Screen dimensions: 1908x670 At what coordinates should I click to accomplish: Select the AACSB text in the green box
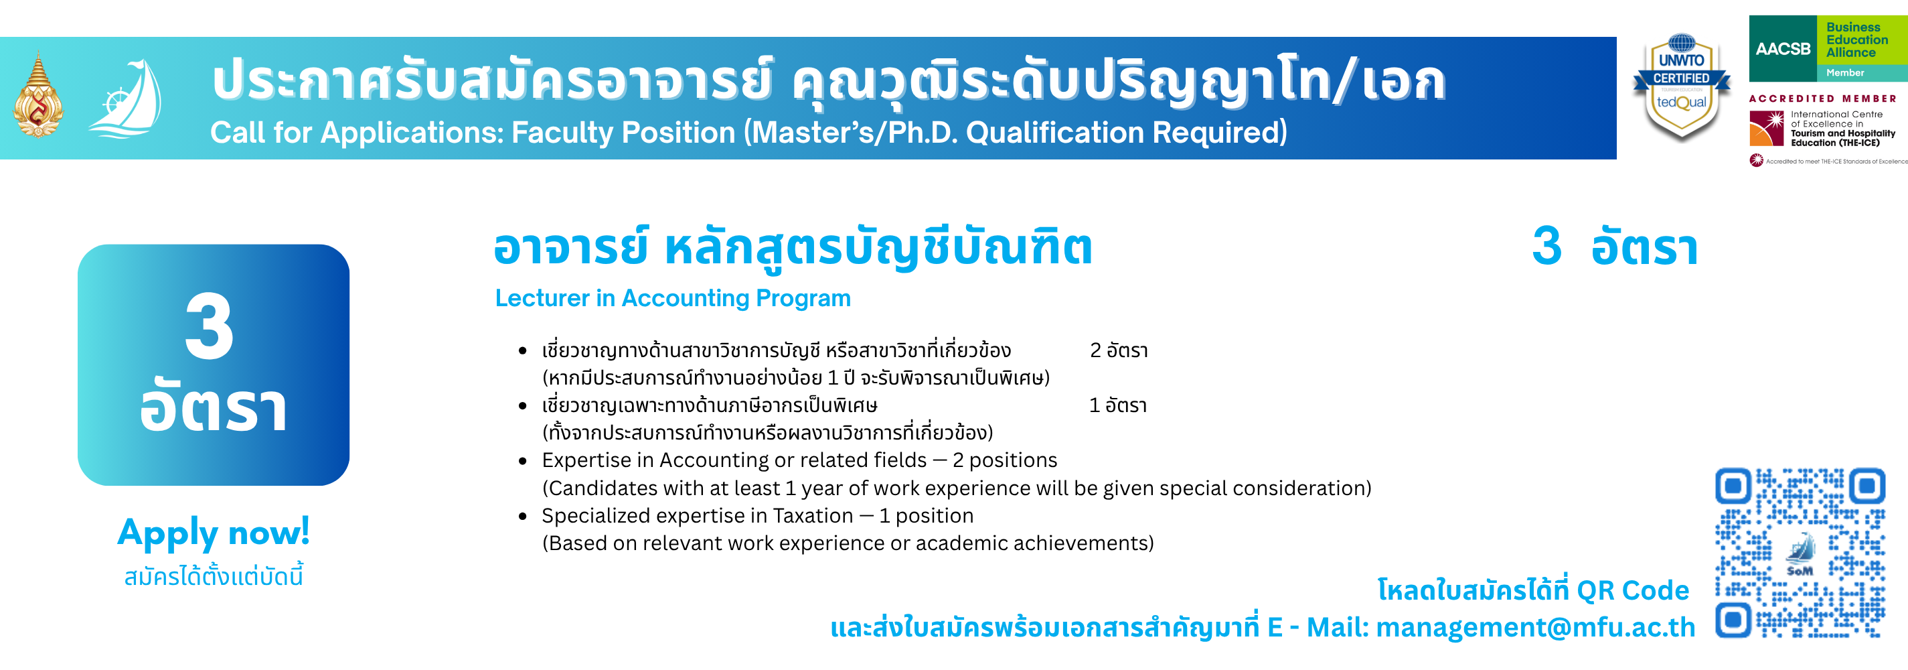[1782, 49]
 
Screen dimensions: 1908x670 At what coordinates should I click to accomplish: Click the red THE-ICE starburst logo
[1766, 128]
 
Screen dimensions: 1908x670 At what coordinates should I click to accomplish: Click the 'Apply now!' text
[214, 533]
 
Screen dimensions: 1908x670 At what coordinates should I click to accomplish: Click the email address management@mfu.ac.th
[1535, 628]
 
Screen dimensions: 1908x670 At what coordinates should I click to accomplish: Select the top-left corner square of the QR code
[1733, 486]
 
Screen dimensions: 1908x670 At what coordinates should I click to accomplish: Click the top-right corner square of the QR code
[1867, 486]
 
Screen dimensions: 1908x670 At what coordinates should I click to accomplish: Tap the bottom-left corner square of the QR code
[1733, 620]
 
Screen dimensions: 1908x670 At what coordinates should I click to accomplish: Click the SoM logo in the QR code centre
[1800, 555]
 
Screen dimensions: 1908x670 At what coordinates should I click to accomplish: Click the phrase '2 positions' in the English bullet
[1004, 461]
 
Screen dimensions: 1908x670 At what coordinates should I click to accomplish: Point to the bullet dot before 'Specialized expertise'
[523, 516]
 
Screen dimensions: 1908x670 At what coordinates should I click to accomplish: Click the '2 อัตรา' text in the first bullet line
[1119, 350]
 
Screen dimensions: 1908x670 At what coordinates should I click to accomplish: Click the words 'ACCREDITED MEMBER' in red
[1823, 98]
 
